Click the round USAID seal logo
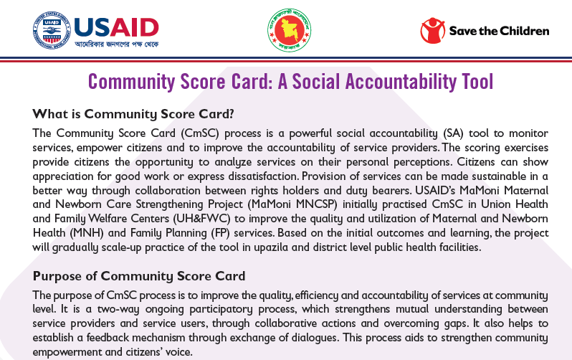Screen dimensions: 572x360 pos(52,30)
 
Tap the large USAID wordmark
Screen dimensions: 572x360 pos(116,28)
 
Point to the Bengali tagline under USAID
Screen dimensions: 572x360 pos(117,44)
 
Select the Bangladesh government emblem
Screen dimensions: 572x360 pos(290,30)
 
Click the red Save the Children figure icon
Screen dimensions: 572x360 pos(433,30)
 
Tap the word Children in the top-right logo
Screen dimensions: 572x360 pos(525,31)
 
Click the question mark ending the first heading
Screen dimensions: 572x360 pos(230,114)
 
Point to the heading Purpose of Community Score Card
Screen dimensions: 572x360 pos(139,276)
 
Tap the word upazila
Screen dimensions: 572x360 pos(271,247)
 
